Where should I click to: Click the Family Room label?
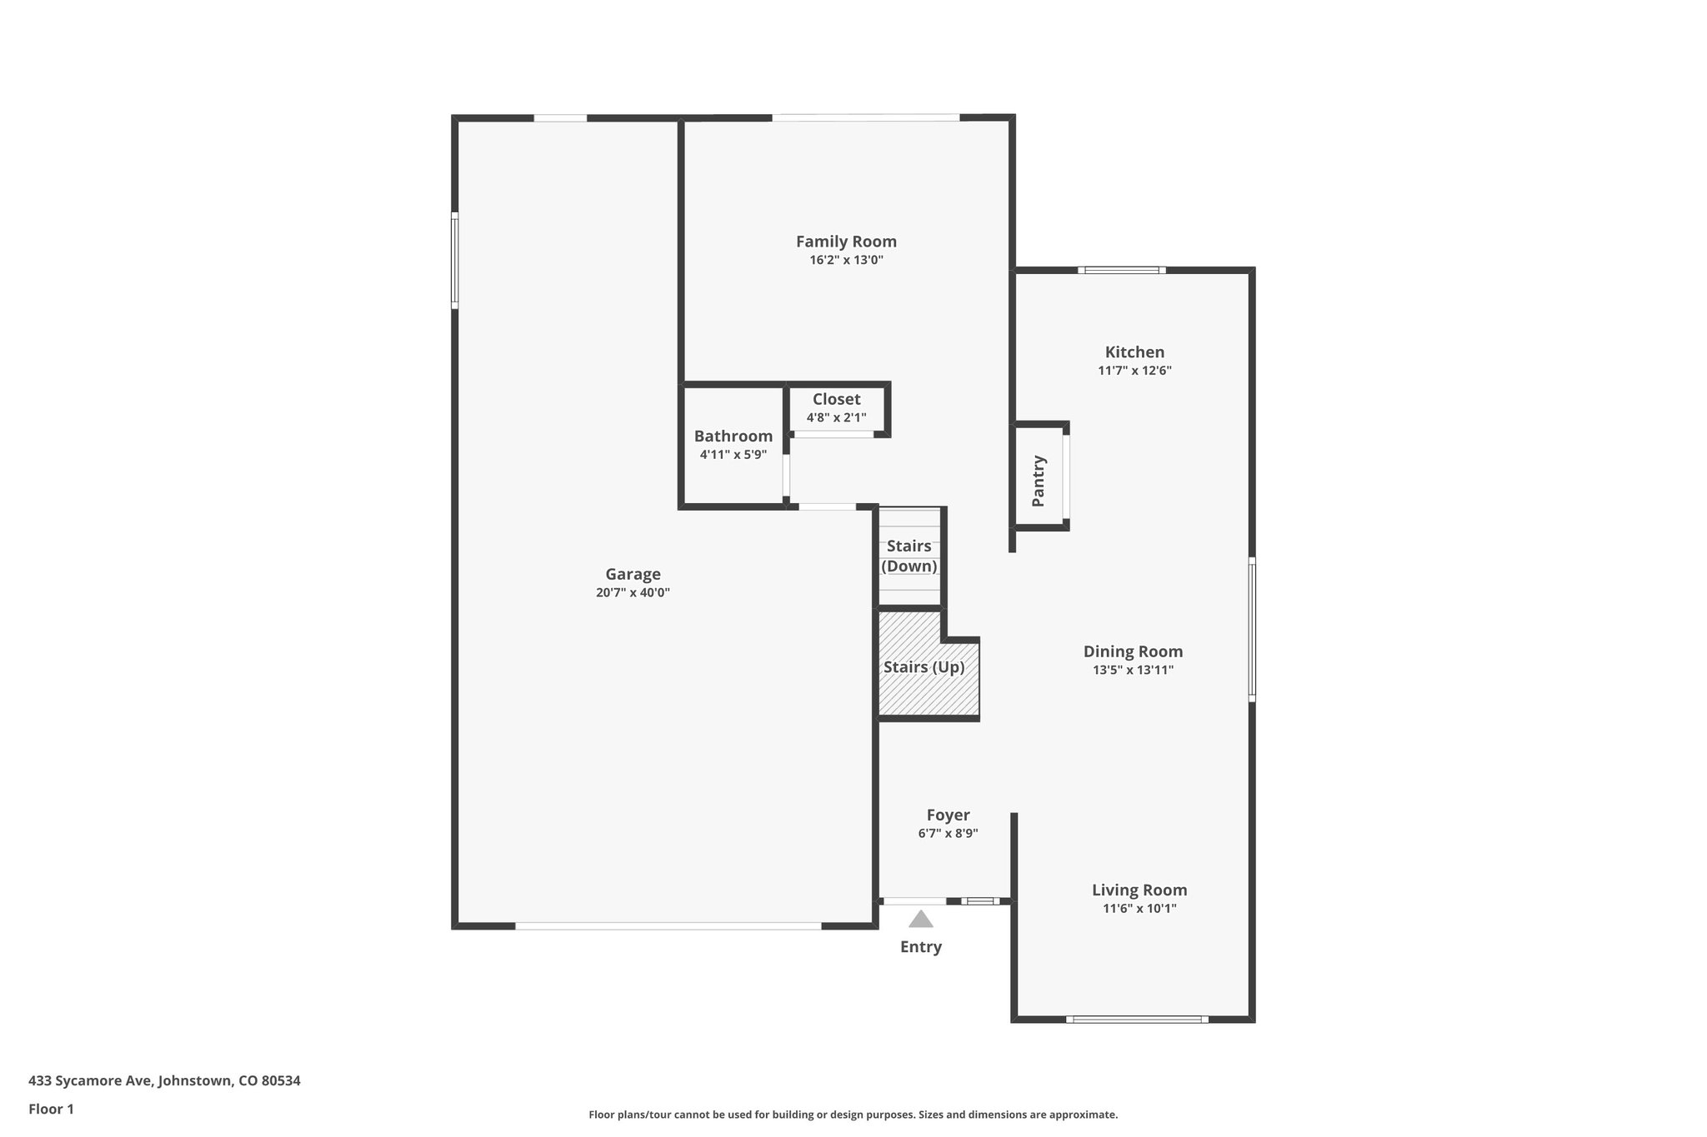[846, 242]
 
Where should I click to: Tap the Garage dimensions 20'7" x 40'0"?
[633, 593]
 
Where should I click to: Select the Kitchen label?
[1134, 352]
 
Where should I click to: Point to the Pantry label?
[1039, 481]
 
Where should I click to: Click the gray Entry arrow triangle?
[920, 920]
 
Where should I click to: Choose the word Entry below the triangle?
[920, 946]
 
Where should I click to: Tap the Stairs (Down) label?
[909, 556]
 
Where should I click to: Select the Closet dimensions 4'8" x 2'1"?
[836, 418]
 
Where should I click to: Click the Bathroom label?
[733, 436]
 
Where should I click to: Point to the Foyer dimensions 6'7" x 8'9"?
[948, 833]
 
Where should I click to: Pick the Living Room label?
[1139, 890]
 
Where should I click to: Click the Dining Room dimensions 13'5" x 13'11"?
[1133, 670]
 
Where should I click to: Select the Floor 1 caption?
[51, 1110]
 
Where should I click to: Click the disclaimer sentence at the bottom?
[853, 1115]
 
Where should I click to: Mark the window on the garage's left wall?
[455, 260]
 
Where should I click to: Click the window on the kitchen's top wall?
[1121, 270]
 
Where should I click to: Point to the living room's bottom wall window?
[1136, 1020]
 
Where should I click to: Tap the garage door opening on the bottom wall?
[668, 925]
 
